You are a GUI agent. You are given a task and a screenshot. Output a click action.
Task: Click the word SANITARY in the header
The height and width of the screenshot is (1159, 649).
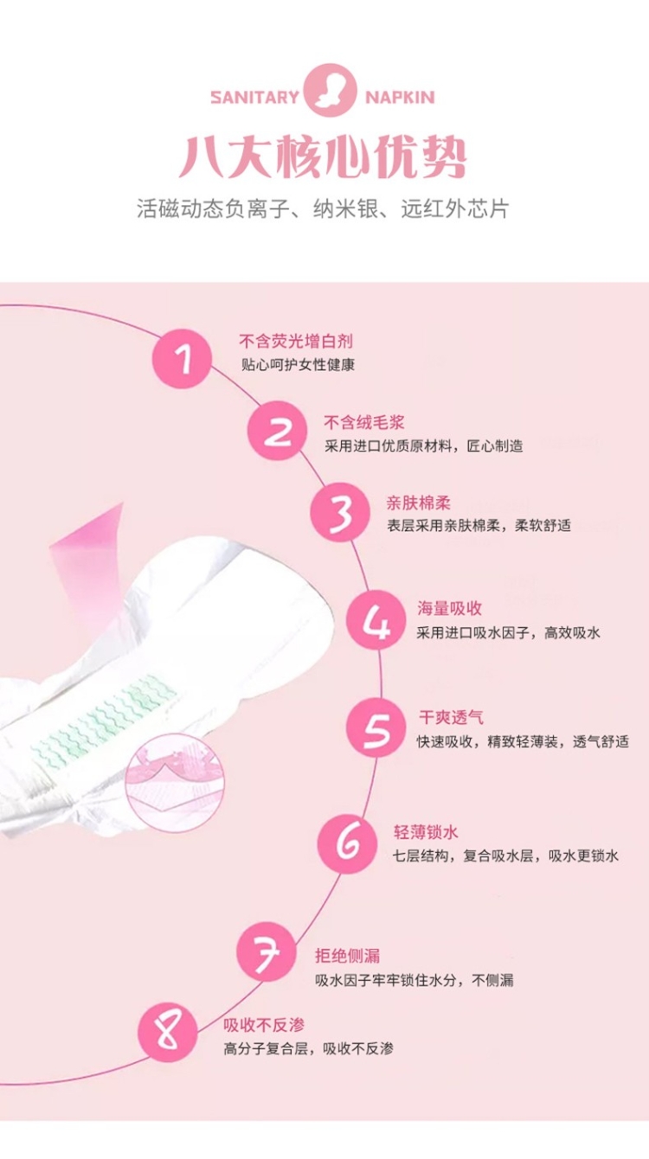[x=254, y=97]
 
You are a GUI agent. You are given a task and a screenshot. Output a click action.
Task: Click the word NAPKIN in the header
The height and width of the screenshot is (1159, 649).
[x=400, y=97]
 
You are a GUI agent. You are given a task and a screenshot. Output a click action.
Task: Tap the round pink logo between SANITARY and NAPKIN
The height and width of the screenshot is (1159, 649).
[x=331, y=90]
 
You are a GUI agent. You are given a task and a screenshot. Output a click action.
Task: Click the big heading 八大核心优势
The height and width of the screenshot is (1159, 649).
[x=323, y=157]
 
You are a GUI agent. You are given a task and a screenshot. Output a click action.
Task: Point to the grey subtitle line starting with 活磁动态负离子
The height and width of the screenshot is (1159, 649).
[x=323, y=209]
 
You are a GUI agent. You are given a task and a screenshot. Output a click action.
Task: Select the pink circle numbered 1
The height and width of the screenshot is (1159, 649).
[x=183, y=359]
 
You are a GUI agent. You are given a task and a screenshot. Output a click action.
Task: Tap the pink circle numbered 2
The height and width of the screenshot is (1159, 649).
[x=278, y=431]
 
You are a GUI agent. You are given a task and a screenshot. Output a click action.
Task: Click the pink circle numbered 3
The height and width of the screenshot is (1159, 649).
[x=340, y=512]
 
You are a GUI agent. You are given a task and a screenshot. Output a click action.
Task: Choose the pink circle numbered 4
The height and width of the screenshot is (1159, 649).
[x=376, y=619]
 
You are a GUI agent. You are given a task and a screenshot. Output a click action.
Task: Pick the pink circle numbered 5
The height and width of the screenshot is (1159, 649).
[x=376, y=728]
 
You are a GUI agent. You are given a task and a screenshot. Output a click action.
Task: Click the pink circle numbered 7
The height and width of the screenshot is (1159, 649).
[x=267, y=952]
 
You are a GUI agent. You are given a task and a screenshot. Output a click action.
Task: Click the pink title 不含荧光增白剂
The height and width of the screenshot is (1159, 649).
[x=296, y=342]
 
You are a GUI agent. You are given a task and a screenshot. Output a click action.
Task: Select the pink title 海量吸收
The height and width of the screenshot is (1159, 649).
[x=450, y=609]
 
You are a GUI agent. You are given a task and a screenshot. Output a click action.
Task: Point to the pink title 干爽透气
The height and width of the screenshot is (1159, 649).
[x=452, y=717]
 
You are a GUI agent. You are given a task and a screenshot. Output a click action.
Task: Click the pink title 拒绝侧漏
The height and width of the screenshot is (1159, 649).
[x=347, y=956]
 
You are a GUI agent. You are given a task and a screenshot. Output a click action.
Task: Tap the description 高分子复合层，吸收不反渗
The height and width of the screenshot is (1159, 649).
[x=308, y=1049]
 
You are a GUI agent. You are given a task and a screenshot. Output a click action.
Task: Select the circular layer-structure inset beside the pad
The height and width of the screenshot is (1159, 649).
[x=175, y=783]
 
